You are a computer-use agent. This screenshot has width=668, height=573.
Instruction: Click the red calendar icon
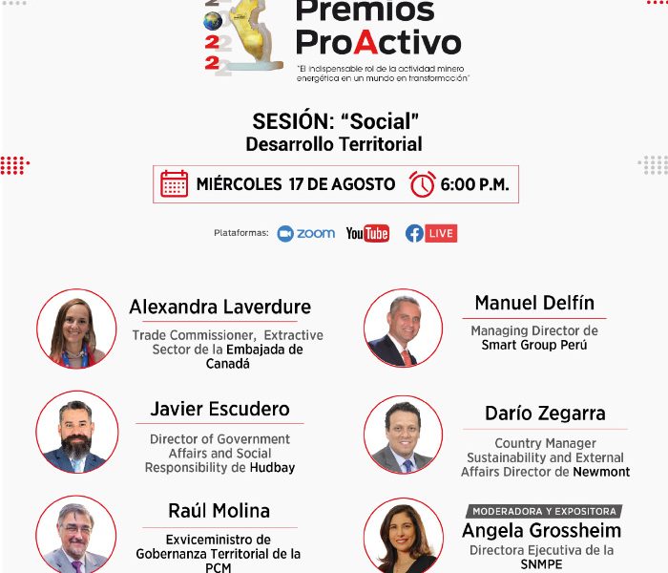click(x=174, y=183)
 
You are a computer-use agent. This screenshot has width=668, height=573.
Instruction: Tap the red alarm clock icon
click(x=422, y=184)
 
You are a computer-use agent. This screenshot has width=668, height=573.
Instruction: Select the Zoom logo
click(x=306, y=234)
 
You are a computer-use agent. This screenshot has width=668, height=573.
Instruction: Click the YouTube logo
click(x=367, y=233)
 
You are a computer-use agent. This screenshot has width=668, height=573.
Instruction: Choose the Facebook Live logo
click(x=431, y=233)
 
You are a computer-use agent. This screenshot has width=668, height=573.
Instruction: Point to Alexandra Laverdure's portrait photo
click(x=76, y=329)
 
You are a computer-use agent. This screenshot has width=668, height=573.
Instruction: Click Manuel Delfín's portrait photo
click(x=403, y=328)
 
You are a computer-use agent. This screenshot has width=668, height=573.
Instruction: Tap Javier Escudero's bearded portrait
click(x=77, y=432)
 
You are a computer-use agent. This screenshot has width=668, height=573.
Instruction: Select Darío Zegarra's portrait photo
click(x=403, y=435)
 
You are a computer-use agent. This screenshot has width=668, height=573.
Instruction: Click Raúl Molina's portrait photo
click(x=75, y=535)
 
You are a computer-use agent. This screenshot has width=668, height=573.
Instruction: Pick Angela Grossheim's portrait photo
click(x=403, y=537)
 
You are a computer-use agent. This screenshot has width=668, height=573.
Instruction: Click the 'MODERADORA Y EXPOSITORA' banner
click(x=544, y=511)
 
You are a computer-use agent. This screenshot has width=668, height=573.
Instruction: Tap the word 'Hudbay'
click(x=272, y=468)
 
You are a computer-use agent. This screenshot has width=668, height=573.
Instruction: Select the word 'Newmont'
click(x=601, y=472)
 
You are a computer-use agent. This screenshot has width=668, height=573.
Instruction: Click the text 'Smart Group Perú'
click(x=534, y=345)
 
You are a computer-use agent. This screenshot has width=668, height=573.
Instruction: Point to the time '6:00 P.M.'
click(x=474, y=184)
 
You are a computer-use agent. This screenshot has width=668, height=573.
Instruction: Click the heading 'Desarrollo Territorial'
click(x=334, y=144)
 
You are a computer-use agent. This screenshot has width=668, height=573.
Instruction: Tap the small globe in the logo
click(x=213, y=20)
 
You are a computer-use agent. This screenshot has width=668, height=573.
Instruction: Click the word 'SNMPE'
click(x=541, y=564)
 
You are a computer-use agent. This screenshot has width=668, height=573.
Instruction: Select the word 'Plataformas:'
click(x=241, y=233)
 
